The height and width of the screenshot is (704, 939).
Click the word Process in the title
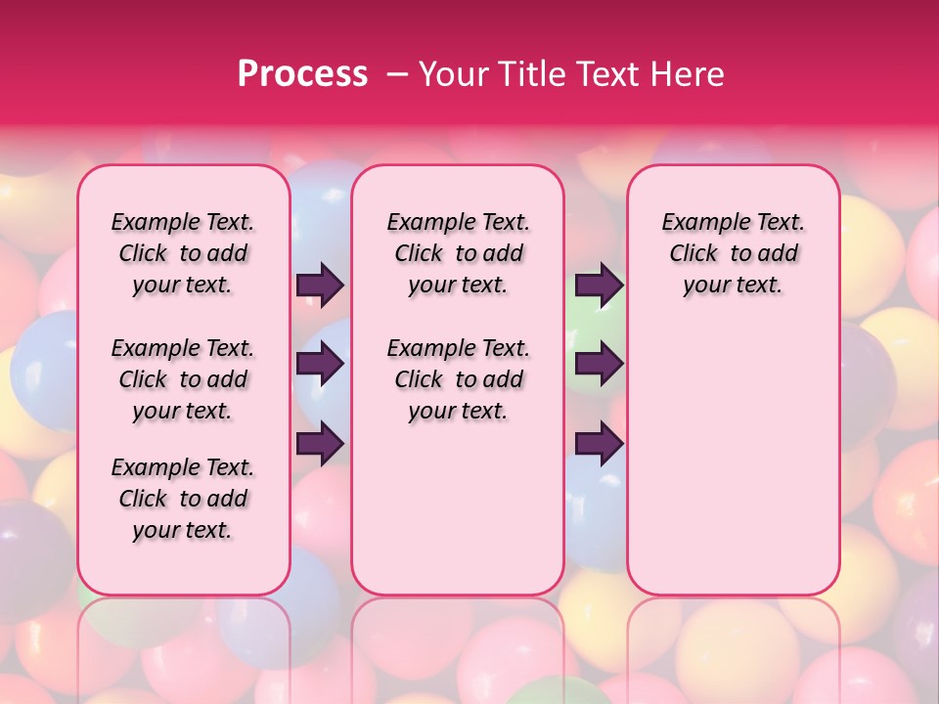tap(302, 74)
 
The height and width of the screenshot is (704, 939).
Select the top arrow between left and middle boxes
tap(320, 285)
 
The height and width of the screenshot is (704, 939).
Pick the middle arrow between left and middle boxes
tap(320, 364)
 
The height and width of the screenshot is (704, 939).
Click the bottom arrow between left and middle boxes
tap(320, 443)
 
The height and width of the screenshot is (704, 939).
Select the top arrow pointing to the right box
tap(599, 285)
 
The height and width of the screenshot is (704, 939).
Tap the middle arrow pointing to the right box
tap(599, 364)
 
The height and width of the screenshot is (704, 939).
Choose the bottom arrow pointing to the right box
tap(599, 443)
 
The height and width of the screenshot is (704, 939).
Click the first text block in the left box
tap(183, 253)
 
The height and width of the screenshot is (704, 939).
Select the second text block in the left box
tap(183, 379)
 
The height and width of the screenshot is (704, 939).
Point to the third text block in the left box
tap(183, 499)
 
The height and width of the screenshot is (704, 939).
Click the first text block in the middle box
tap(458, 253)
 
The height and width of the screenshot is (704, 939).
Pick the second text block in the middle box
tap(458, 379)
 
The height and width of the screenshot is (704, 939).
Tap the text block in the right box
tap(733, 253)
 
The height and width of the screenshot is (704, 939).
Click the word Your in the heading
tap(452, 74)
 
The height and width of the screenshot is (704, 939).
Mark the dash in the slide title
tap(396, 74)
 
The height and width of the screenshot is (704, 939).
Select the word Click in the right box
tap(693, 254)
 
